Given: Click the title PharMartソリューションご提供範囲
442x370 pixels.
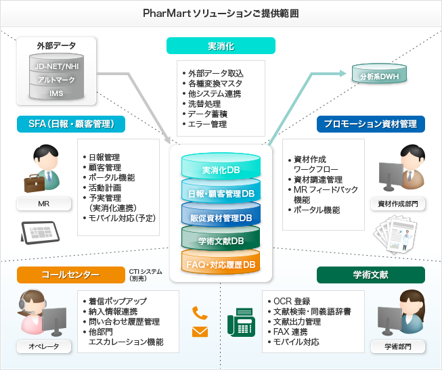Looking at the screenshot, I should (221, 13).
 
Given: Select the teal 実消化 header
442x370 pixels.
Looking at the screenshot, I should (221, 45).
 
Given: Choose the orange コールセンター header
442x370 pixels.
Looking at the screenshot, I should (70, 275).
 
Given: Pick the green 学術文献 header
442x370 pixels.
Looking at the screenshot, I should (371, 275).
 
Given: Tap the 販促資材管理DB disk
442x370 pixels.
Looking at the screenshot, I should (221, 218).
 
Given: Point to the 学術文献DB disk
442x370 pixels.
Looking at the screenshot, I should (221, 241).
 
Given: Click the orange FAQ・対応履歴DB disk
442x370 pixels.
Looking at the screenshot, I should (221, 264).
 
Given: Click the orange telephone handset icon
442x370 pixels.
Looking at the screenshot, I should (199, 313).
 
